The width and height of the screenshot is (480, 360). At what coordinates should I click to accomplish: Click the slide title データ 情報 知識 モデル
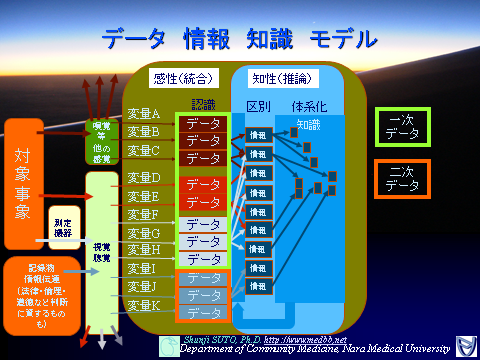[x=239, y=39]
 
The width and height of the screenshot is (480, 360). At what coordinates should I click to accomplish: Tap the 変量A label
[x=144, y=114]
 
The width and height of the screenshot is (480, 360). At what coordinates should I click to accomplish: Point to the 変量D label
[x=144, y=178]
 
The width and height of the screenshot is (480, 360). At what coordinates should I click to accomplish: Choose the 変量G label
[x=144, y=232]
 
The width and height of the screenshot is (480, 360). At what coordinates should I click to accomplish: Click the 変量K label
[x=144, y=304]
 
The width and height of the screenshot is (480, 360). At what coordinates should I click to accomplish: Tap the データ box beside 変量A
[x=204, y=124]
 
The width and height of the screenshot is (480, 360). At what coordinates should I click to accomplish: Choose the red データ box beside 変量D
[x=204, y=185]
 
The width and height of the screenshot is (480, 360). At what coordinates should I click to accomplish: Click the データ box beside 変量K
[x=204, y=313]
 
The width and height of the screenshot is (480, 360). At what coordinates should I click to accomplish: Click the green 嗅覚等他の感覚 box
[x=101, y=141]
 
